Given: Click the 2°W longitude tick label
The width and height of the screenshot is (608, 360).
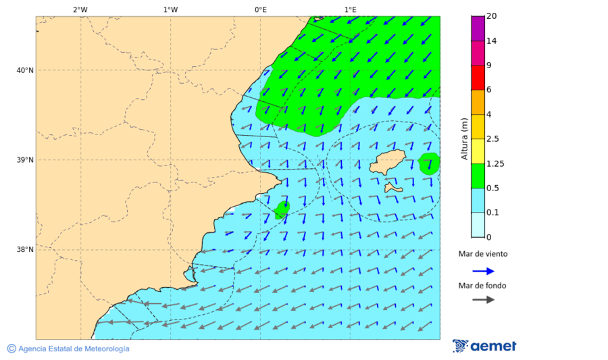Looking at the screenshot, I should [x=80, y=9].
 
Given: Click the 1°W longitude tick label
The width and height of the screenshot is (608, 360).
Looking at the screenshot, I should [x=170, y=9].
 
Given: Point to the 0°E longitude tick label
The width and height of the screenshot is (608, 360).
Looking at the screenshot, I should [x=260, y=9].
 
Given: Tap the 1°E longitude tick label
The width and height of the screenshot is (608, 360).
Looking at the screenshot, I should [x=350, y=9].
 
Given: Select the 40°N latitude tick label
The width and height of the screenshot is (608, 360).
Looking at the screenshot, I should [x=25, y=70].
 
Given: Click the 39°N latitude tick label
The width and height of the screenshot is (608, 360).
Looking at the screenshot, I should [x=25, y=160].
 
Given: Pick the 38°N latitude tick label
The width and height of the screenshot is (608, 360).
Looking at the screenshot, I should [x=25, y=250].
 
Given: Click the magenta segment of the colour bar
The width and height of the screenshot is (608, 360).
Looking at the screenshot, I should [x=478, y=28].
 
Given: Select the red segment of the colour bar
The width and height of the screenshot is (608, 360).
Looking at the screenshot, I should [x=478, y=78].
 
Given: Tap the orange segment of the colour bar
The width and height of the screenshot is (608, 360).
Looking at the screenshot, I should [x=478, y=102].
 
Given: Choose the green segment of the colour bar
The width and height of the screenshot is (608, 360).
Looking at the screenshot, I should [x=478, y=176].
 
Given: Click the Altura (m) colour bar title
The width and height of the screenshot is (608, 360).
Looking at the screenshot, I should [x=464, y=139].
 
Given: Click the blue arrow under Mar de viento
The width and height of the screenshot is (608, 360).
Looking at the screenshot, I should [x=483, y=271].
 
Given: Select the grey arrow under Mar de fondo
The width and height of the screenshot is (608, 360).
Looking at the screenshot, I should [x=483, y=300].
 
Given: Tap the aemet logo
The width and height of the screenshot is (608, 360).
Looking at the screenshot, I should [x=484, y=346].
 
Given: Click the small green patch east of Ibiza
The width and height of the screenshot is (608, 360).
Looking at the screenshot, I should [x=428, y=163].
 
